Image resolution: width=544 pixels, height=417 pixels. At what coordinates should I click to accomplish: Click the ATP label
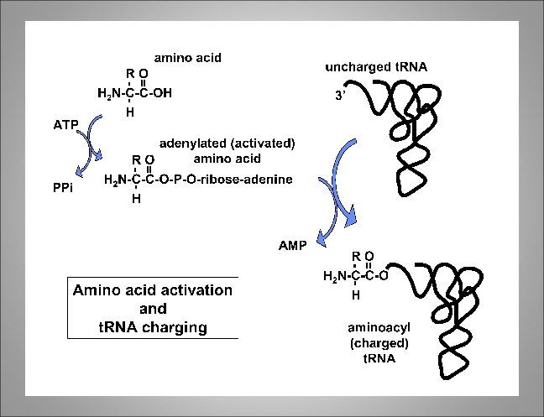coord(65,125)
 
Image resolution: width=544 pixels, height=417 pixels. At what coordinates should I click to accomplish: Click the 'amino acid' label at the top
coord(186,58)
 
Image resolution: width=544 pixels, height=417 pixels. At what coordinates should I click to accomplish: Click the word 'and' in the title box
coord(153,309)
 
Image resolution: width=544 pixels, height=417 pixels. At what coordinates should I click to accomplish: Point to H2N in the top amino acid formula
coord(108,94)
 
